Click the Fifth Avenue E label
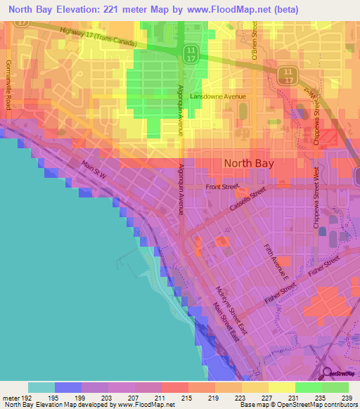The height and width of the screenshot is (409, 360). point(276,260)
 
